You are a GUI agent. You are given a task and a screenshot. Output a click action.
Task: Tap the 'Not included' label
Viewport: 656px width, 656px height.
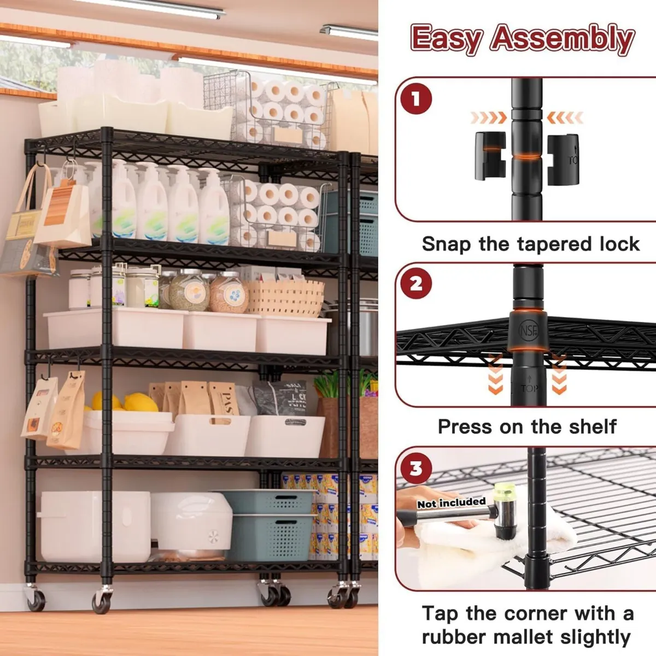click(452, 502)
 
